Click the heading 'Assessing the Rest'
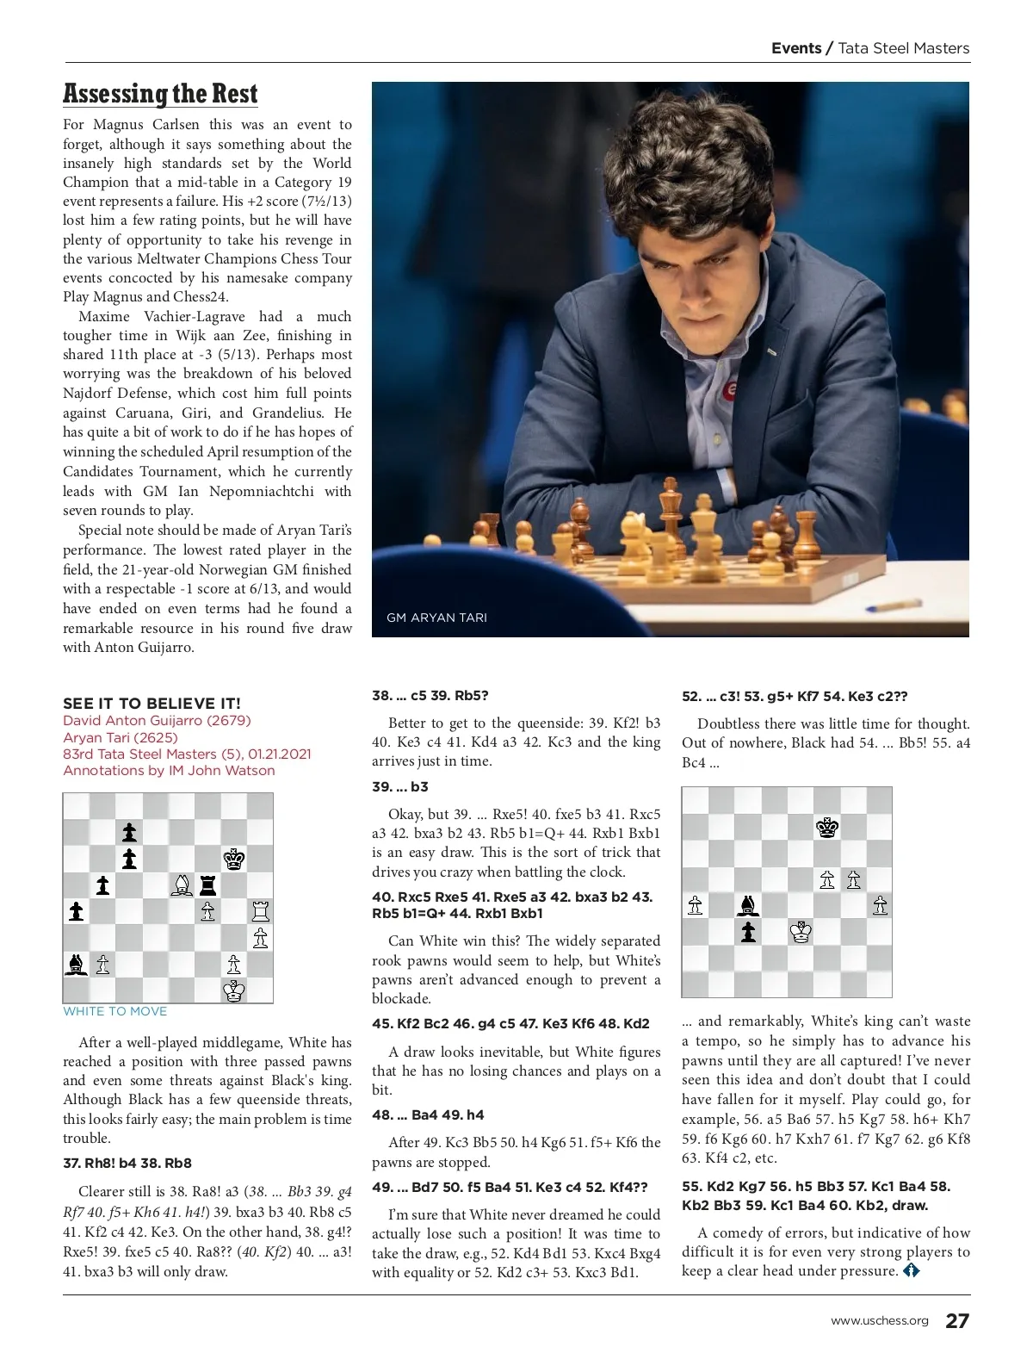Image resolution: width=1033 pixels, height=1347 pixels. [160, 93]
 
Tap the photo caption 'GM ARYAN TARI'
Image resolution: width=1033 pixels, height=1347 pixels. [436, 618]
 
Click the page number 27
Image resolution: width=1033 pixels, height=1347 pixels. [957, 1321]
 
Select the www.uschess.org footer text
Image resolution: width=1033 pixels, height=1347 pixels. [879, 1321]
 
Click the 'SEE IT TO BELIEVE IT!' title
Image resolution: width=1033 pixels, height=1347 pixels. [152, 704]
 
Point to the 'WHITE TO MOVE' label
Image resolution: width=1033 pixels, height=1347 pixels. [115, 1011]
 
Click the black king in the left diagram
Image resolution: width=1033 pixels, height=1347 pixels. [234, 859]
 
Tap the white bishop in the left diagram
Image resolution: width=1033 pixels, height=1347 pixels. [182, 885]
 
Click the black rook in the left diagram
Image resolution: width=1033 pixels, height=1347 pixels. [207, 885]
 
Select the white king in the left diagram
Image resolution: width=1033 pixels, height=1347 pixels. [234, 990]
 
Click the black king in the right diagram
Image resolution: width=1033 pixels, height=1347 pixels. [827, 827]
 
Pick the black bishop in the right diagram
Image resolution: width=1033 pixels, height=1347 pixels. [748, 905]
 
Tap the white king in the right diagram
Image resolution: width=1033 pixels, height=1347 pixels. [801, 932]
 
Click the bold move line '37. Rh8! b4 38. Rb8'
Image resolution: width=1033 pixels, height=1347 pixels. [127, 1163]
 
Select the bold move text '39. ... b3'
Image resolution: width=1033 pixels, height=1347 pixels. [400, 787]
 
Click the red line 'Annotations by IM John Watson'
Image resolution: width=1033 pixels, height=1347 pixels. [169, 771]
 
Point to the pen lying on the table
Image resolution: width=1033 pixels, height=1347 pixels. [886, 603]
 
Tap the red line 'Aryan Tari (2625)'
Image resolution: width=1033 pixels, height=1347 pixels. [121, 737]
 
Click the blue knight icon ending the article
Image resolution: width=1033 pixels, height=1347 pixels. [911, 1270]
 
